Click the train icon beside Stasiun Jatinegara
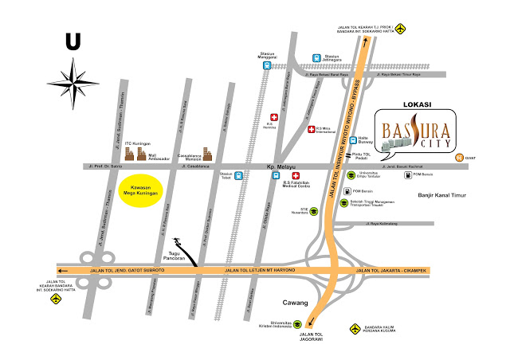[x=317, y=57]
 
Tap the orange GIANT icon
[x=460, y=157]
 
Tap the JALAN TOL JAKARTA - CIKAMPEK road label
[x=394, y=272]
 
